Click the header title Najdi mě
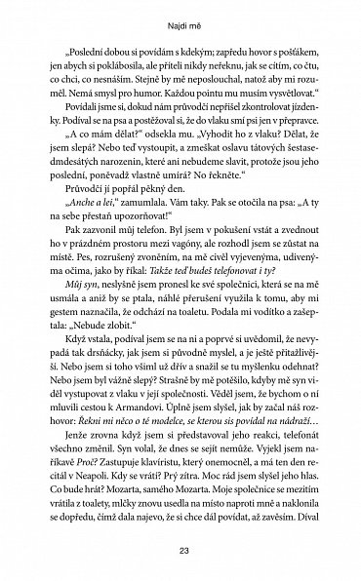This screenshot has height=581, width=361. coord(180,17)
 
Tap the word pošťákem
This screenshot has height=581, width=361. coord(290,59)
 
